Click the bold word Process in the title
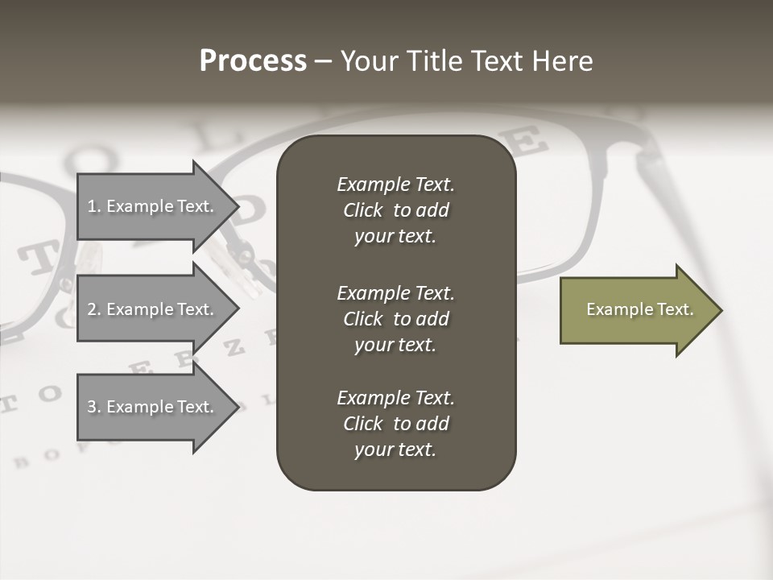click(253, 61)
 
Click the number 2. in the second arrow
click(94, 309)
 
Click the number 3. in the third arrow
click(94, 407)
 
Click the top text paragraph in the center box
click(395, 210)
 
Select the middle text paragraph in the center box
click(395, 319)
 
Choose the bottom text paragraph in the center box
click(395, 424)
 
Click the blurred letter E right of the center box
click(528, 143)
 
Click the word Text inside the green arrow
click(675, 309)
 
